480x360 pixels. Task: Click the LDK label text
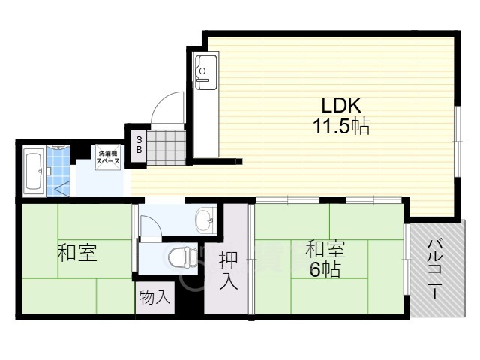[x=341, y=106]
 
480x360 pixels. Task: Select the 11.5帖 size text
[x=341, y=126]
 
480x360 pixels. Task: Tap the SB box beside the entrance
[x=139, y=145]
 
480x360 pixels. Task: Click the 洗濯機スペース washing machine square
[x=108, y=157]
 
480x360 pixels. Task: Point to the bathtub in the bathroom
[x=34, y=172]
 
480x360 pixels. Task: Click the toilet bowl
[x=183, y=256]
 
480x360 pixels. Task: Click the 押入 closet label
[x=228, y=270]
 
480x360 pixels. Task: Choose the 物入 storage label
[x=154, y=297]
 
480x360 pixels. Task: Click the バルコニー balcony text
[x=434, y=269]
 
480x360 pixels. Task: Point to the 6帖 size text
[x=325, y=269]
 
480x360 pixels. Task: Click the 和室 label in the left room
[x=77, y=252]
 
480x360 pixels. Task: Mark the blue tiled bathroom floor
[x=58, y=172]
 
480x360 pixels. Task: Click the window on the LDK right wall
[x=457, y=142]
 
